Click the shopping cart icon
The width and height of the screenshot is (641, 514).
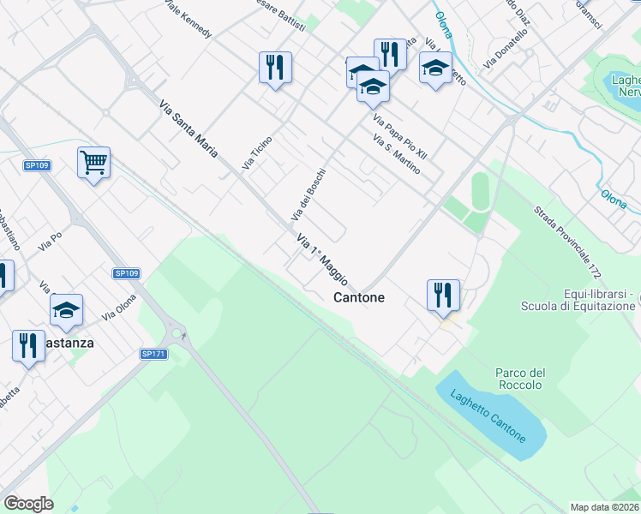tap(93, 161)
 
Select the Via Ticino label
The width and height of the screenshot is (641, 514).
tap(257, 152)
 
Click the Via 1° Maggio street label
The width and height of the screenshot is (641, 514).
tap(322, 260)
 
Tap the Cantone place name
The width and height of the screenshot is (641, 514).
tap(358, 297)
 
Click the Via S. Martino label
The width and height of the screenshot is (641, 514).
tap(397, 154)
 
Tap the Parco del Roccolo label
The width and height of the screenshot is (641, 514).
tap(520, 379)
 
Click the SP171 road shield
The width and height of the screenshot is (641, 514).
tap(153, 354)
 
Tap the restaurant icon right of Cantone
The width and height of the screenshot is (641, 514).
tap(443, 295)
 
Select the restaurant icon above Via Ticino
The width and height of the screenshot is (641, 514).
tap(275, 67)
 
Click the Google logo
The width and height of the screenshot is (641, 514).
tap(28, 503)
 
